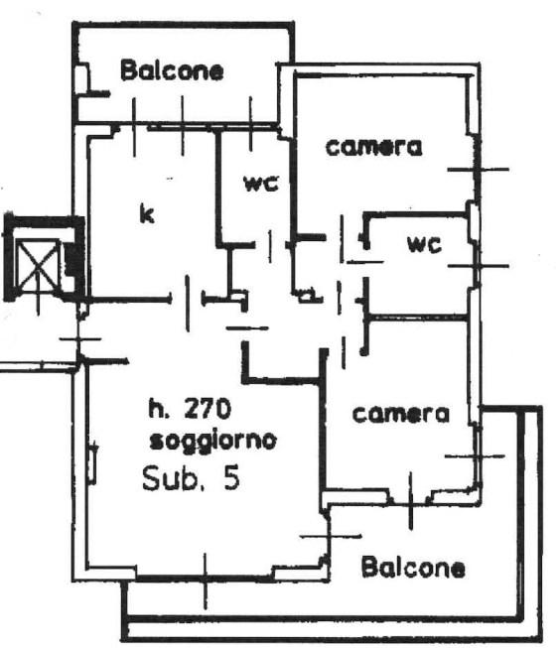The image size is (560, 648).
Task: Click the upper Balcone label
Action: pyautogui.click(x=172, y=70)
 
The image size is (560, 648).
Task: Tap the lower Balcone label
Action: pyautogui.click(x=413, y=568)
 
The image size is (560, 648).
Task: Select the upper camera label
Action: pyautogui.click(x=374, y=148)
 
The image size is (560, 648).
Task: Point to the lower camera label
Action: pyautogui.click(x=400, y=414)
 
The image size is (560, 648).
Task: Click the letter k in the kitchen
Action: pyautogui.click(x=147, y=214)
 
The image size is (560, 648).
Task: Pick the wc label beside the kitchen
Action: pyautogui.click(x=261, y=183)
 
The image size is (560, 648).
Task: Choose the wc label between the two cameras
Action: pyautogui.click(x=424, y=244)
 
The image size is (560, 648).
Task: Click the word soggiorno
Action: pyautogui.click(x=212, y=442)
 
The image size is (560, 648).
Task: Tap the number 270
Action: pyautogui.click(x=207, y=410)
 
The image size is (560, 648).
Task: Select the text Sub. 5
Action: pyautogui.click(x=191, y=478)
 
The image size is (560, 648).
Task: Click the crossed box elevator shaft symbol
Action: pyautogui.click(x=38, y=265)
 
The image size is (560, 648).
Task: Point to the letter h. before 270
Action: pyautogui.click(x=158, y=410)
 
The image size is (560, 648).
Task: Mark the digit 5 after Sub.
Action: pyautogui.click(x=232, y=478)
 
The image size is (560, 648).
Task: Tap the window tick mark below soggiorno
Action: pyautogui.click(x=206, y=582)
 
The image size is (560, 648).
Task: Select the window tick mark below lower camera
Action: pyautogui.click(x=410, y=501)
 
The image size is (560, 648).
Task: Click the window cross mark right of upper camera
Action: pyautogui.click(x=479, y=169)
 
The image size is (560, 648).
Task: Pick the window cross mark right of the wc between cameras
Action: pyautogui.click(x=479, y=266)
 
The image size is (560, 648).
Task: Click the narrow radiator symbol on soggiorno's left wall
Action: pyautogui.click(x=92, y=462)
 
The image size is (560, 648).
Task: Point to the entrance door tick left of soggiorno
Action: pyautogui.click(x=79, y=339)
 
